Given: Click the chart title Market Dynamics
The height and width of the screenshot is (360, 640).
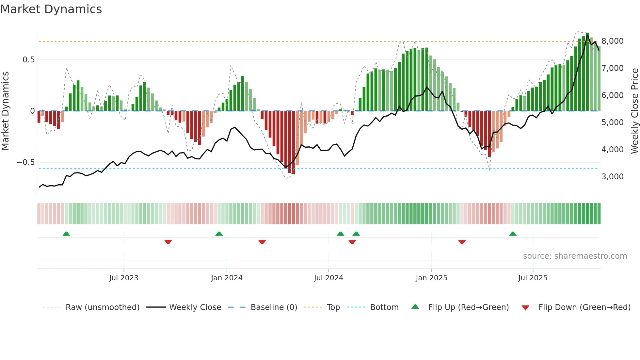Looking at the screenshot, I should pyautogui.click(x=51, y=9).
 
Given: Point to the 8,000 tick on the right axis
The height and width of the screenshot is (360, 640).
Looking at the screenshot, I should pyautogui.click(x=612, y=41).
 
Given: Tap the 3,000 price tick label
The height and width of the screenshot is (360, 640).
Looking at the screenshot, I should pyautogui.click(x=612, y=177).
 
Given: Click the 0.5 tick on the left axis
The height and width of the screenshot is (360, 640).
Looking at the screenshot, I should pyautogui.click(x=28, y=60).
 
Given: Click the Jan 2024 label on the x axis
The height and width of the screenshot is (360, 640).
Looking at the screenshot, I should pyautogui.click(x=227, y=278).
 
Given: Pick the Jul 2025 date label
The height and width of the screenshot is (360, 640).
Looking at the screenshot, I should pyautogui.click(x=533, y=278).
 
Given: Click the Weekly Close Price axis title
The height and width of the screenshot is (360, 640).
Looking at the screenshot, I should pyautogui.click(x=634, y=111).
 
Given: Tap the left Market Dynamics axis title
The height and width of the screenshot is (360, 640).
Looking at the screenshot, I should pyautogui.click(x=5, y=111).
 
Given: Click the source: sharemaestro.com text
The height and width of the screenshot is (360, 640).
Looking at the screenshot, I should pyautogui.click(x=575, y=256).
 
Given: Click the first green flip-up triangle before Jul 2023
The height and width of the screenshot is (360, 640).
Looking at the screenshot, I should pyautogui.click(x=66, y=234).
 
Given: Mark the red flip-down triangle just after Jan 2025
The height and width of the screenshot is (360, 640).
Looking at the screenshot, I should pyautogui.click(x=462, y=242).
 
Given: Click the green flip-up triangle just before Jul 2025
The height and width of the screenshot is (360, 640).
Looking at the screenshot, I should pyautogui.click(x=513, y=234).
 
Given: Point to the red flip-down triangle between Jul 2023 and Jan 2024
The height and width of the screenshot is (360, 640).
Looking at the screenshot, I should pyautogui.click(x=168, y=242).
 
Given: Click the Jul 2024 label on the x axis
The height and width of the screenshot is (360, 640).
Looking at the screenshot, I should pyautogui.click(x=328, y=278).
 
